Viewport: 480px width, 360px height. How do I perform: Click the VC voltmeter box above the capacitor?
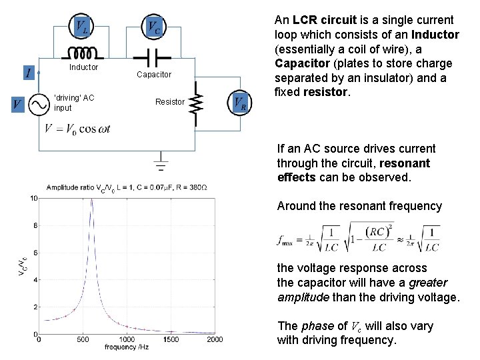coord(153,27)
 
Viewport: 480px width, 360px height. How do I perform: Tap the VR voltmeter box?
coord(241,103)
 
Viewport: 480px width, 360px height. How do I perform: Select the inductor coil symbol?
coord(82,53)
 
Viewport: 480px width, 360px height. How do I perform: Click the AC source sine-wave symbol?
coord(38,103)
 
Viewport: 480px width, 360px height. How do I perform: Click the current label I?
coord(28,72)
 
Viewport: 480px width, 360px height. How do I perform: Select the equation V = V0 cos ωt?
coord(77,129)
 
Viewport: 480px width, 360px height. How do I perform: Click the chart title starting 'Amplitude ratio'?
coord(131,187)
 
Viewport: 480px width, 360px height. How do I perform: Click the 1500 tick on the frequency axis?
coord(171,339)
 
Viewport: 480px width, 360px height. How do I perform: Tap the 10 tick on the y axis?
coord(33,198)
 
